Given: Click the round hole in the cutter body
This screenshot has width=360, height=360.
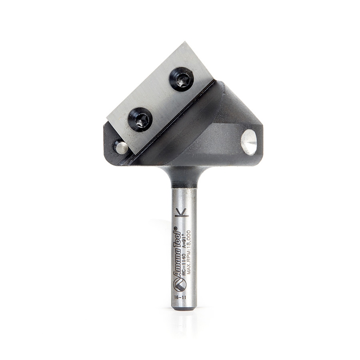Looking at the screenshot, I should click(x=249, y=142).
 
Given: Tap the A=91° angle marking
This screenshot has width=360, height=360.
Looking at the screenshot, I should click(x=183, y=240).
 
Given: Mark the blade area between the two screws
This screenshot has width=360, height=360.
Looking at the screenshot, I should click(x=161, y=99).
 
